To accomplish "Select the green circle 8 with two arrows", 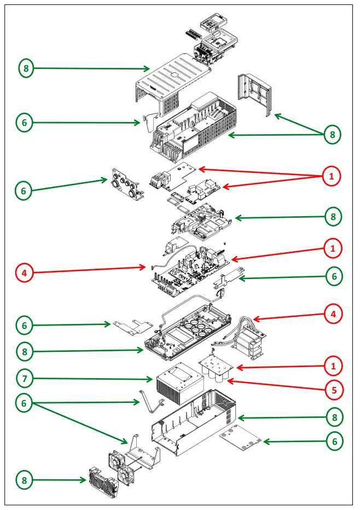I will (x=333, y=134).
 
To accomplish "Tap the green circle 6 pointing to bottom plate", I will (x=334, y=441).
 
